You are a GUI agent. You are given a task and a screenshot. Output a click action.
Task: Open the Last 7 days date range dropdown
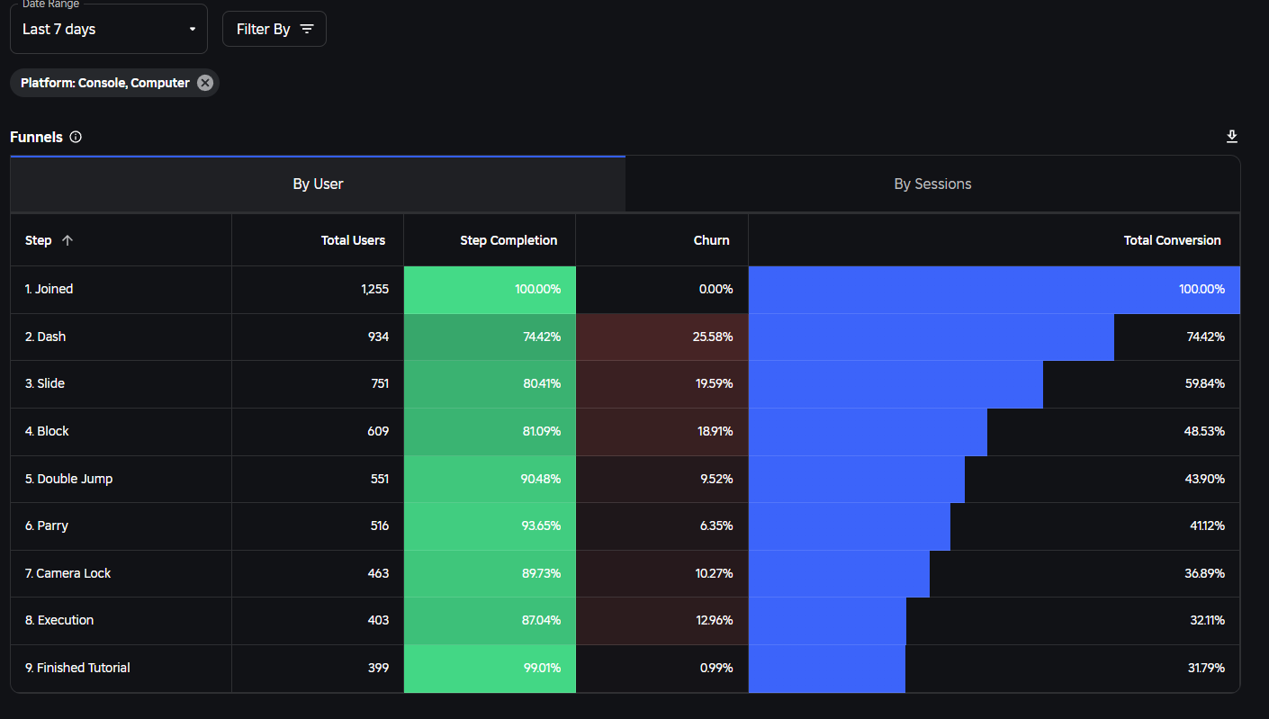pyautogui.click(x=109, y=29)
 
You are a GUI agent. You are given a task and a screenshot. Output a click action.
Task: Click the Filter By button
pyautogui.click(x=274, y=29)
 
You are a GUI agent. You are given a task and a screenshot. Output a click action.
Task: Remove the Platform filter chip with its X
pyautogui.click(x=205, y=83)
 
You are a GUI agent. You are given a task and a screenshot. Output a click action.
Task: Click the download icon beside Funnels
pyautogui.click(x=1232, y=137)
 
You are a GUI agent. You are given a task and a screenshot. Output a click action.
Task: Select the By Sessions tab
pyautogui.click(x=932, y=184)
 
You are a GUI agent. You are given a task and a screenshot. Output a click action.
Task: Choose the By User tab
pyautogui.click(x=318, y=184)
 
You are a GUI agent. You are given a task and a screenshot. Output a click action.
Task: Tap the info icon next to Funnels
pyautogui.click(x=76, y=137)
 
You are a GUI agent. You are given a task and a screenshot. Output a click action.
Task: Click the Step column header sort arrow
pyautogui.click(x=67, y=240)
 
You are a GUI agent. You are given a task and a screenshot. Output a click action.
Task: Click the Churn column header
pyautogui.click(x=711, y=240)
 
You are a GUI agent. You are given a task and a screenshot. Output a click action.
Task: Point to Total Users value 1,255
pyautogui.click(x=373, y=289)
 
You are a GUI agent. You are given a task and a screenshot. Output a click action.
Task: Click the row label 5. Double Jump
pyautogui.click(x=68, y=479)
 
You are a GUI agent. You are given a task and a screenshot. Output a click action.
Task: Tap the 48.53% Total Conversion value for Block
pyautogui.click(x=1203, y=431)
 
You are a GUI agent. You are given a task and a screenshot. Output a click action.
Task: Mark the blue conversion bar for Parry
pyautogui.click(x=849, y=526)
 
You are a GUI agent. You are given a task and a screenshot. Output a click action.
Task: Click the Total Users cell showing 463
pyautogui.click(x=378, y=573)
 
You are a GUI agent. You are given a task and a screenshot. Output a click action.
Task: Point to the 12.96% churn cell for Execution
pyautogui.click(x=714, y=620)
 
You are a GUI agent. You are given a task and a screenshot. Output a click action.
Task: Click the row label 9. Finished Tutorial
pyautogui.click(x=77, y=668)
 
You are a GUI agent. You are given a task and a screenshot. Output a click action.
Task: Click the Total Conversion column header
pyautogui.click(x=1172, y=240)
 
